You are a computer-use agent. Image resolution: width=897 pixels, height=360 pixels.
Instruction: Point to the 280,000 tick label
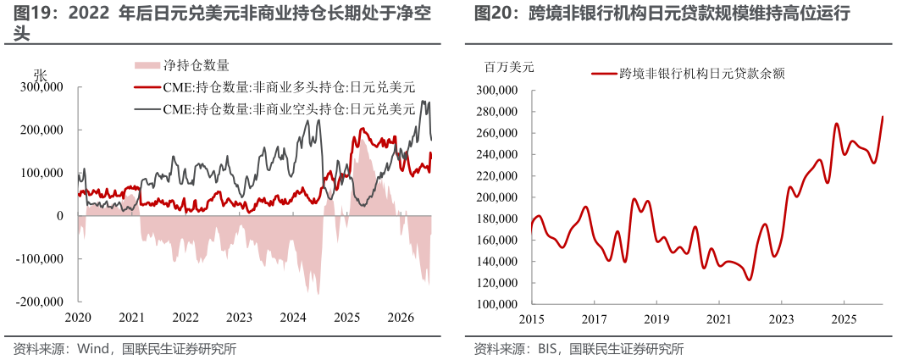click(x=498, y=112)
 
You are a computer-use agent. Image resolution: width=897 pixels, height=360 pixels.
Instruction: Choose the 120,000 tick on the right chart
click(x=498, y=283)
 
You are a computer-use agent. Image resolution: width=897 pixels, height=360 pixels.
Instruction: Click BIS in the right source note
click(x=548, y=348)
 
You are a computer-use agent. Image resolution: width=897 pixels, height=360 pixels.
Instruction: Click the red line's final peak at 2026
click(x=883, y=117)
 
